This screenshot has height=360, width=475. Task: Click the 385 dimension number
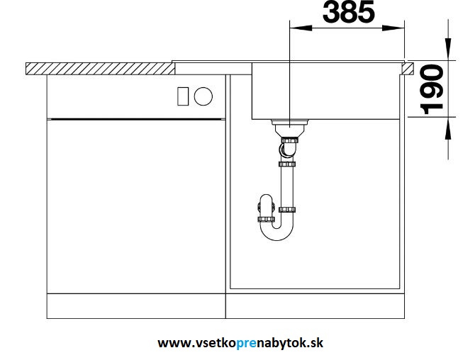click(x=348, y=12)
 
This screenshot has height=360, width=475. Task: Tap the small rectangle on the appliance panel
click(x=181, y=96)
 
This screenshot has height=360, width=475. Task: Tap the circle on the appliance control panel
click(x=203, y=96)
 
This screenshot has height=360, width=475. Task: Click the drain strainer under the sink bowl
click(x=289, y=128)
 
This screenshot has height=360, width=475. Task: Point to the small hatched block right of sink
click(x=408, y=69)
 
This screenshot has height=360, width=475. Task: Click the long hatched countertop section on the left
click(x=99, y=69)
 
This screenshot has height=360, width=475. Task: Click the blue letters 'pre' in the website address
click(x=254, y=343)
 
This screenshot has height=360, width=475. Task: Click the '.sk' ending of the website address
click(x=315, y=343)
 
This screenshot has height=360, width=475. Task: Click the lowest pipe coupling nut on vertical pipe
click(x=287, y=209)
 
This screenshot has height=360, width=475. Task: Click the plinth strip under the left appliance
click(x=135, y=308)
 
